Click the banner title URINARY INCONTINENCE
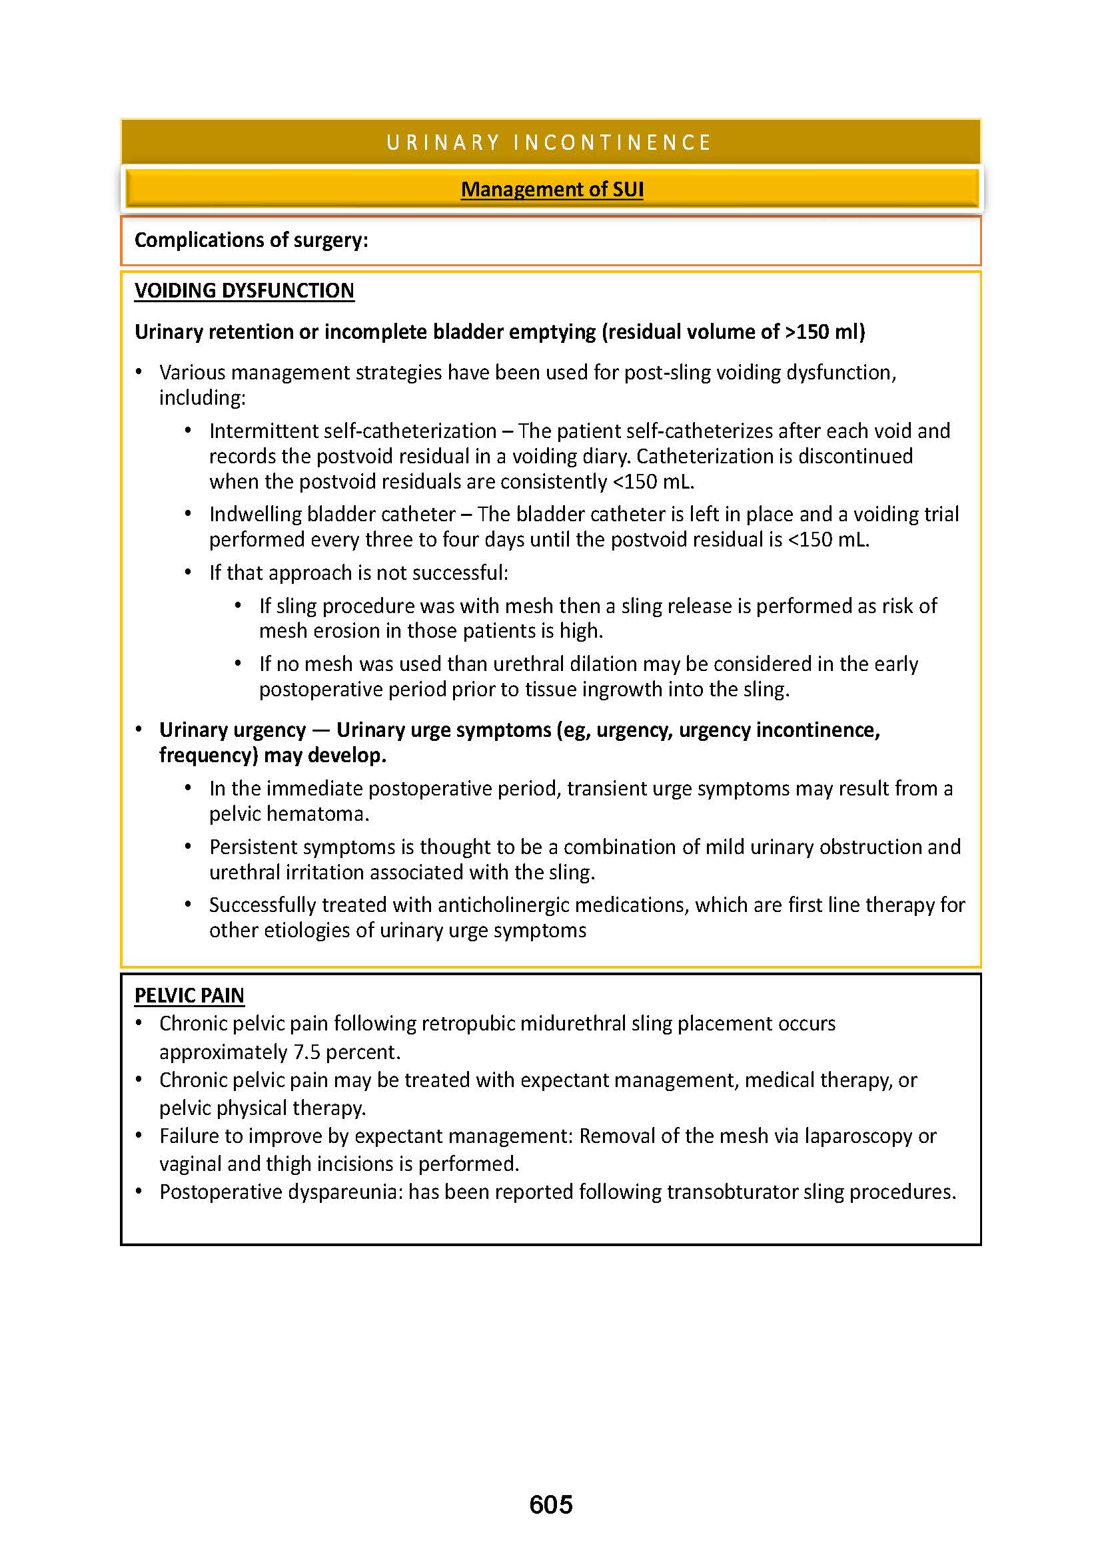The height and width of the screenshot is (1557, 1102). pos(549,142)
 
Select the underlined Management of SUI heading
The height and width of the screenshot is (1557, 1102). pos(552,189)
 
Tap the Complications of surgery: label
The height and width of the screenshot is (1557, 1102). pos(251,240)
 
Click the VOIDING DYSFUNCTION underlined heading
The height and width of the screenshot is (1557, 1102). pos(245,291)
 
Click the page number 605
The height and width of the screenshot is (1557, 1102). pos(551,1504)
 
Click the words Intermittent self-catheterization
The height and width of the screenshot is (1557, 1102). pos(353,431)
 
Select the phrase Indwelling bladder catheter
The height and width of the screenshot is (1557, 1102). pos(332,514)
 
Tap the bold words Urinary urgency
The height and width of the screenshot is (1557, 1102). pos(233,730)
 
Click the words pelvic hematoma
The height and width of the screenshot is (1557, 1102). pos(288,813)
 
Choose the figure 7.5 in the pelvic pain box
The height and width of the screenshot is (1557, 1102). pos(306,1052)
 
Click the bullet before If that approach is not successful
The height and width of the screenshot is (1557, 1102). pos(189,573)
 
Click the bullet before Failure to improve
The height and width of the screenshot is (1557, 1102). pos(139,1136)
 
